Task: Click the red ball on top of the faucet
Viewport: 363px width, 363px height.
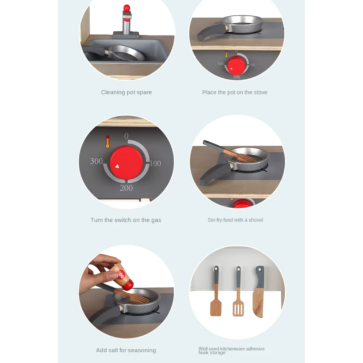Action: click(x=126, y=8)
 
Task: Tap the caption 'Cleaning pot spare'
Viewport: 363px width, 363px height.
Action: click(x=126, y=92)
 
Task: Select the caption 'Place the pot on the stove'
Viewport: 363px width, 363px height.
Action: click(x=235, y=92)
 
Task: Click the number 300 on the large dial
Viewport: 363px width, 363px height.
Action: click(x=96, y=161)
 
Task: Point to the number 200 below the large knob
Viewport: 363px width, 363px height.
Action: click(x=126, y=188)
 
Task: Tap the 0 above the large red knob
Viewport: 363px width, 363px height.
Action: click(x=126, y=136)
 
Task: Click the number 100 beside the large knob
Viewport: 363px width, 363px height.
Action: click(x=155, y=163)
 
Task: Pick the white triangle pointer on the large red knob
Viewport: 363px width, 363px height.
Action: click(x=117, y=166)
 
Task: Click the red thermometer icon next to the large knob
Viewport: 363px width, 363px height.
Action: click(x=107, y=142)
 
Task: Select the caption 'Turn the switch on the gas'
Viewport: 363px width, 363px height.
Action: click(x=126, y=220)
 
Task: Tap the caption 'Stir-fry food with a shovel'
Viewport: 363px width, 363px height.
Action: click(x=235, y=220)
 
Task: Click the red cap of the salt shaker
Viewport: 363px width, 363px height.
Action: click(x=128, y=285)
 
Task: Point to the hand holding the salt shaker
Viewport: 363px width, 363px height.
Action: click(x=100, y=273)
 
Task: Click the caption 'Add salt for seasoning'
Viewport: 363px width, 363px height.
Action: click(x=126, y=350)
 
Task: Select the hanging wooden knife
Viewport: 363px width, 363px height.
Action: click(x=259, y=292)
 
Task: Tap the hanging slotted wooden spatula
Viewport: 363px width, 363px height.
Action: click(x=238, y=291)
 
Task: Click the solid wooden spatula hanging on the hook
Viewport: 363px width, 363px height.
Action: click(x=216, y=291)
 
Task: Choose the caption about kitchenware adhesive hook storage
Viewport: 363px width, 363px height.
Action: click(x=231, y=351)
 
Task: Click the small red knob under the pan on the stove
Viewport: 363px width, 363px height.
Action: click(x=237, y=65)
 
